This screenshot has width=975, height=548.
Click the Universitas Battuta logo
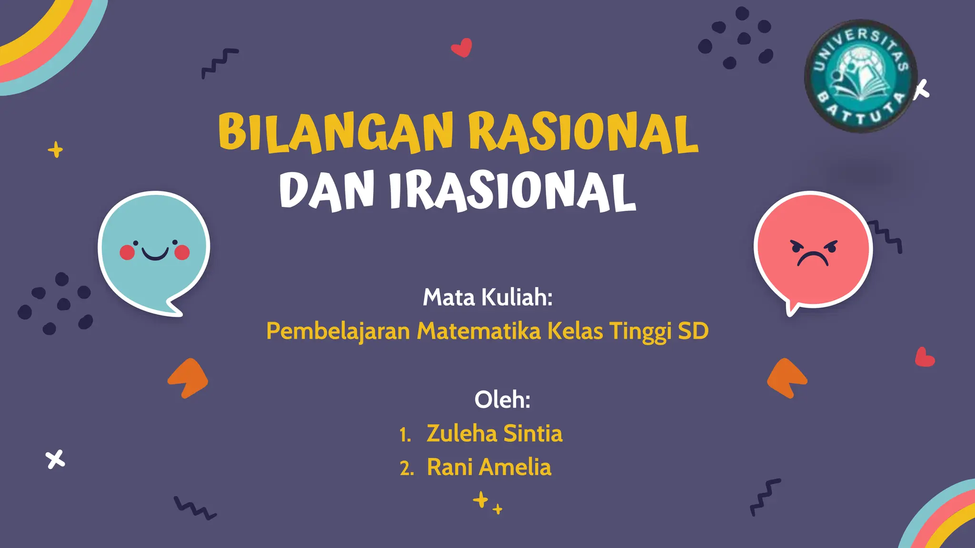[x=861, y=76]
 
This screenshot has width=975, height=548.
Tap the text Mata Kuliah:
[x=487, y=297]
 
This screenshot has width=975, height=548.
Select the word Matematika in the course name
[x=479, y=331]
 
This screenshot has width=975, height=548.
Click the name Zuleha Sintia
[x=494, y=433]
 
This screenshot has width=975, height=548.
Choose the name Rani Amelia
[x=489, y=467]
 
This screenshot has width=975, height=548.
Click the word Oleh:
[x=502, y=399]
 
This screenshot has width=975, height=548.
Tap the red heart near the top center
[x=461, y=48]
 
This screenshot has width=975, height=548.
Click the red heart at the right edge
[x=925, y=357]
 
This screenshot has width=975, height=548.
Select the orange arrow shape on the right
[x=787, y=378]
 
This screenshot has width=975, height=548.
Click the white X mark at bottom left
[x=55, y=459]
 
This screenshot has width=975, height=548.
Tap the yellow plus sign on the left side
[x=56, y=150]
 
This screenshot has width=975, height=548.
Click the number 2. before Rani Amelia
[x=407, y=469]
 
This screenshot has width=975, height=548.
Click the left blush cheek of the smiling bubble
[x=127, y=252]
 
